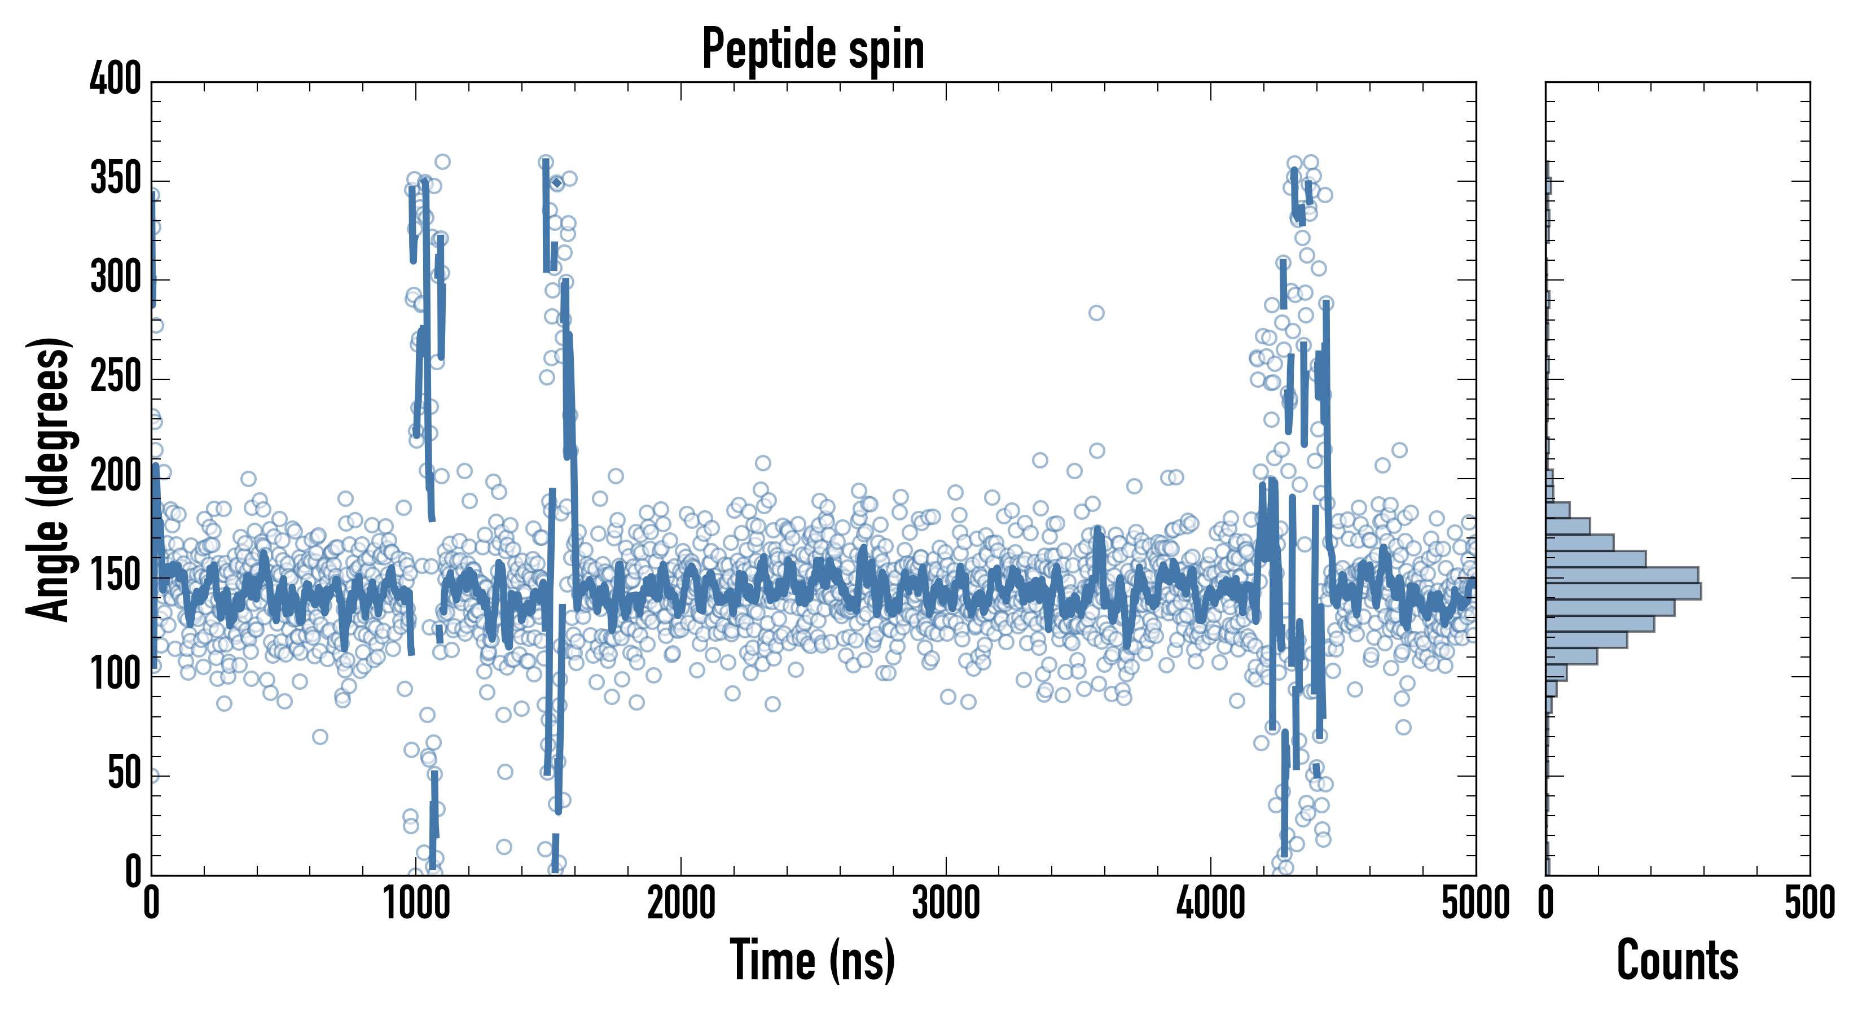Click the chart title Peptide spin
[813, 49]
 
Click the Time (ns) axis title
[813, 960]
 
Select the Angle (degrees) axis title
[49, 479]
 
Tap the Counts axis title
[1677, 960]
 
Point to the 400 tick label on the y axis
[116, 79]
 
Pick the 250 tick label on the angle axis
[116, 378]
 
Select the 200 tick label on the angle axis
[116, 478]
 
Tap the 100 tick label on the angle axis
[116, 676]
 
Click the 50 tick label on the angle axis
[124, 774]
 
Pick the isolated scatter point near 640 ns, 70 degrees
[320, 737]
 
